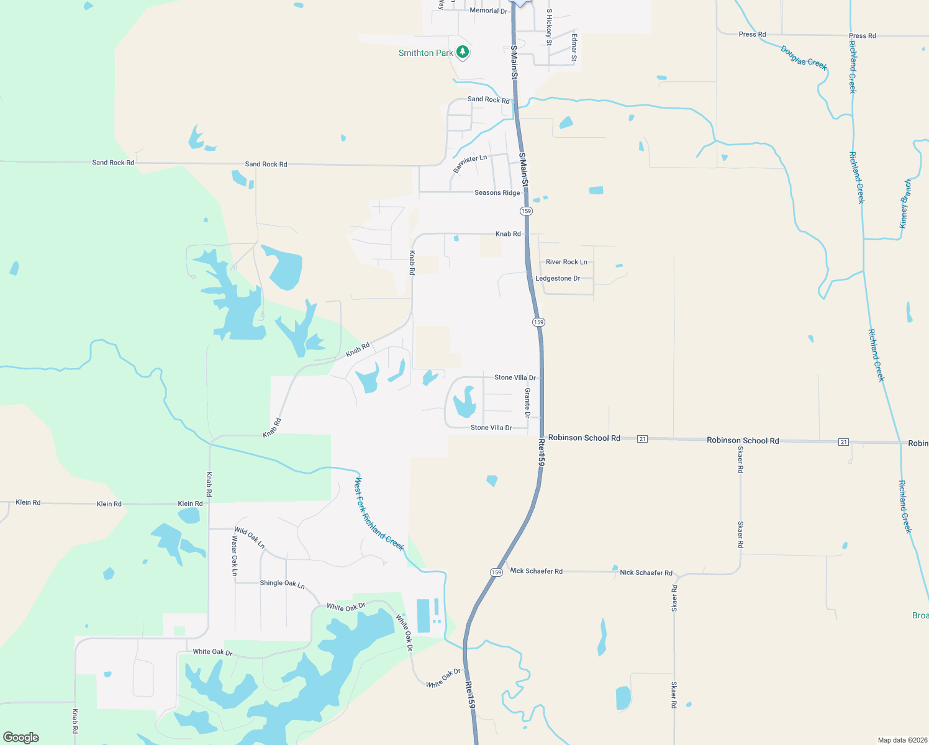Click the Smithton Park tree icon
462,52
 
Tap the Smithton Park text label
426,53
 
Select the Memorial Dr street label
488,11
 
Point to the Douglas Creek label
804,58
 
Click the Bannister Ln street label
469,163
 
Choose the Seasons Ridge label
497,193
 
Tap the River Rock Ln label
566,262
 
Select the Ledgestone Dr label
558,278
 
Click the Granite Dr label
528,402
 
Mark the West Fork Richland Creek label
379,514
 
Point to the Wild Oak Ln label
250,538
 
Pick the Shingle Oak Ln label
282,584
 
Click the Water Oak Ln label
235,556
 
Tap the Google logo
21,738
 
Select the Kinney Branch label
905,204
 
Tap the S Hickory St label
549,27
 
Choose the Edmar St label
574,48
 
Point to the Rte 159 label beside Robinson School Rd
542,453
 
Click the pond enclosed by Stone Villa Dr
464,403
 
